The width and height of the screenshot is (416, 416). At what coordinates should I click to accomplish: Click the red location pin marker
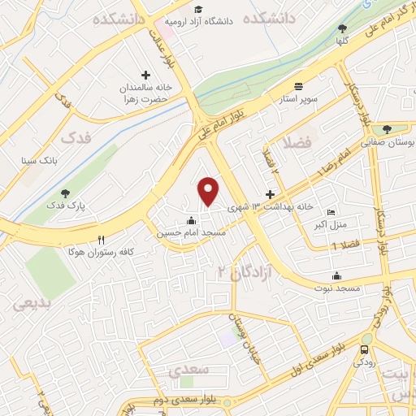coord(210,190)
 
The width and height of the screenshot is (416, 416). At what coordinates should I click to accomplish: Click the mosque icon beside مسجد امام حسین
coord(191,219)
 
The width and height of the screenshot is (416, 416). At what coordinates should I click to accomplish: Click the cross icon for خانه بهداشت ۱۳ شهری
coord(271,195)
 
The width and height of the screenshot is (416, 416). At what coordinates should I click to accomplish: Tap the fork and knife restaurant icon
coord(102,240)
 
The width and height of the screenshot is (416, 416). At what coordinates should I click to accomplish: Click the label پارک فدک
coord(64,206)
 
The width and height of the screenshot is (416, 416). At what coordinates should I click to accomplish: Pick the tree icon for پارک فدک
coord(65,193)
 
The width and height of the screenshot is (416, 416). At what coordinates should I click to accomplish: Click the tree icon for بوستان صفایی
coord(387,128)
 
